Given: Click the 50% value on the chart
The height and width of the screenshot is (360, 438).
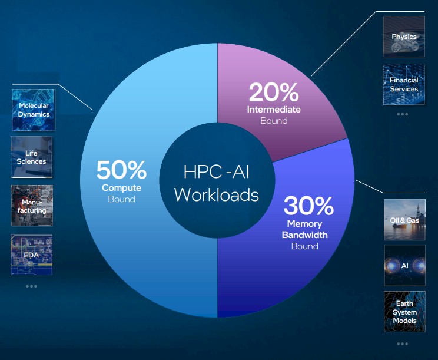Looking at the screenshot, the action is (x=121, y=170).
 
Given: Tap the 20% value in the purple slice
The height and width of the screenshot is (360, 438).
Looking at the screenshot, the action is (x=274, y=92).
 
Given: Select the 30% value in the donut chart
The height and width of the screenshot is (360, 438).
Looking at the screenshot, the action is (x=308, y=206).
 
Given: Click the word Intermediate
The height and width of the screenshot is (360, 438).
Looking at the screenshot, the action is (x=274, y=109).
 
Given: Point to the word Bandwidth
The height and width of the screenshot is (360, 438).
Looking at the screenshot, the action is (x=305, y=235).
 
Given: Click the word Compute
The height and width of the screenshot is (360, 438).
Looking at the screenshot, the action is (x=121, y=188).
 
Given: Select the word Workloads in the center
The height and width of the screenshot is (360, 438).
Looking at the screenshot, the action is (x=217, y=194).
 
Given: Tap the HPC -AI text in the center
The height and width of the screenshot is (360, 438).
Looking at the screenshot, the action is (x=217, y=171).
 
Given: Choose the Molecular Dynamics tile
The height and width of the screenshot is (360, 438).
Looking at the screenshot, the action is (x=34, y=110).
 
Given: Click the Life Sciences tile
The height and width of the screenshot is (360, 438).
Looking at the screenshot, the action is (x=32, y=157).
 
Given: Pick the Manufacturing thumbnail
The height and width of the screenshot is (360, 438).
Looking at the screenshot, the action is (x=32, y=206).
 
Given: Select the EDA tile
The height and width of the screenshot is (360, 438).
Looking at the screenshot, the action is (x=32, y=255).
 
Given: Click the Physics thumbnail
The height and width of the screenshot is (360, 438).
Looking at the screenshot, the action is (x=404, y=37).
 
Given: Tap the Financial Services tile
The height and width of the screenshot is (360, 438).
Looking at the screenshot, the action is (x=404, y=84).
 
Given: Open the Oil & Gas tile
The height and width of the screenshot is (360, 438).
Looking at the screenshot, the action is (x=405, y=220).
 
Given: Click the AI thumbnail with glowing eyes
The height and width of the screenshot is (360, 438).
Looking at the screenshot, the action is (x=405, y=265).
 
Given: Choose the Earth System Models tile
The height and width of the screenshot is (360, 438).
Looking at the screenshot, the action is (x=405, y=312).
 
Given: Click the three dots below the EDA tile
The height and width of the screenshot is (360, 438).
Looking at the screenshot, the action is (x=31, y=286).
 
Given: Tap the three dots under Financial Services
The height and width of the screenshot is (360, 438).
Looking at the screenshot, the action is (x=403, y=114).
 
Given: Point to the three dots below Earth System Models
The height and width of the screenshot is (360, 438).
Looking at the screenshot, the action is (x=403, y=344).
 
